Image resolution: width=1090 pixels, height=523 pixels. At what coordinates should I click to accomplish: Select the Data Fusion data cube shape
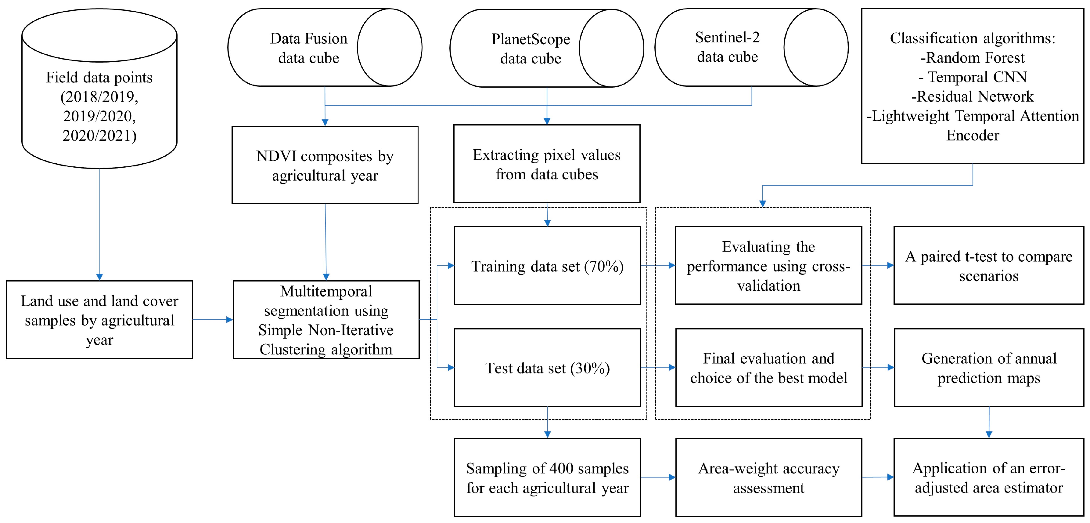[309, 48]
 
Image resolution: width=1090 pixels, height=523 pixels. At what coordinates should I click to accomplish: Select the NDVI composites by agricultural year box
[325, 165]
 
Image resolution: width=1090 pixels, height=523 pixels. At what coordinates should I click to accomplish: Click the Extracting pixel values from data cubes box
[546, 164]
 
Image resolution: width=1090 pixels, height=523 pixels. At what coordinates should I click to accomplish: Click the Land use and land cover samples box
[99, 320]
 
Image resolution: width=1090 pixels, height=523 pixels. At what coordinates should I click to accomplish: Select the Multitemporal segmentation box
[326, 320]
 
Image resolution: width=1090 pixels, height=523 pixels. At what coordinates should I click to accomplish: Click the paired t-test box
[988, 266]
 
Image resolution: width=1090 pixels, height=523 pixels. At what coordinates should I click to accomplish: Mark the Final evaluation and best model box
[768, 368]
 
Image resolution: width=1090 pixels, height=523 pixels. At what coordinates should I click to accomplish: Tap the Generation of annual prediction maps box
[988, 368]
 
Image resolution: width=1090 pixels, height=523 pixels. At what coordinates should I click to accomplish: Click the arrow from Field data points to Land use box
[99, 224]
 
